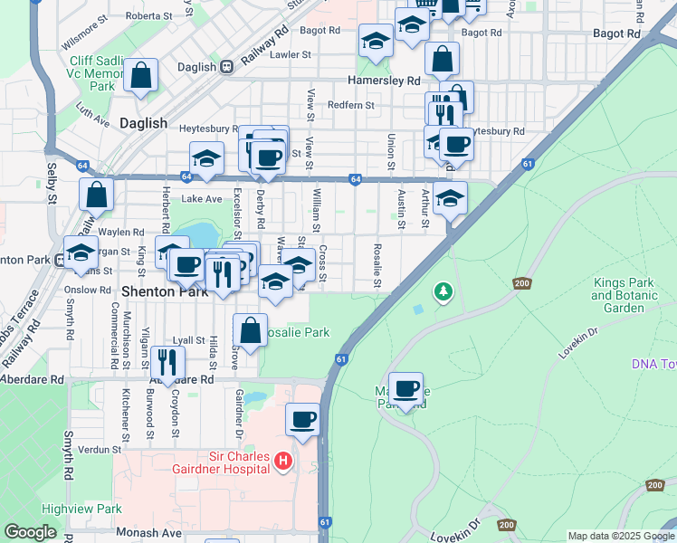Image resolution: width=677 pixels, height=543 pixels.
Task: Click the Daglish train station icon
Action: click(226, 66)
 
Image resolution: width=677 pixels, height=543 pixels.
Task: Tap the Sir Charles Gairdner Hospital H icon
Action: click(283, 462)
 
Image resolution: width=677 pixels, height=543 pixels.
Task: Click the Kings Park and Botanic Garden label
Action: click(631, 295)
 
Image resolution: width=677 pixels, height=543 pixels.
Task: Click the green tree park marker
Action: click(443, 291)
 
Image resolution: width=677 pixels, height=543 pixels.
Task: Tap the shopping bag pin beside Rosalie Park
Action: click(251, 329)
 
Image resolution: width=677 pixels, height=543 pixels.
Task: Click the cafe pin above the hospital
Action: click(303, 419)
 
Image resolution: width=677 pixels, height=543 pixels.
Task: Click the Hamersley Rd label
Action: click(388, 81)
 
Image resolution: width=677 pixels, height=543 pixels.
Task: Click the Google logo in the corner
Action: click(31, 532)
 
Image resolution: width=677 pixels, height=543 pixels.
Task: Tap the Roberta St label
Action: click(149, 16)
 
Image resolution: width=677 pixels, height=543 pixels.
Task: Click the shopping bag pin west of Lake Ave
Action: click(96, 194)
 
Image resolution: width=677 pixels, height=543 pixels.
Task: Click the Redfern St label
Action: click(351, 106)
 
